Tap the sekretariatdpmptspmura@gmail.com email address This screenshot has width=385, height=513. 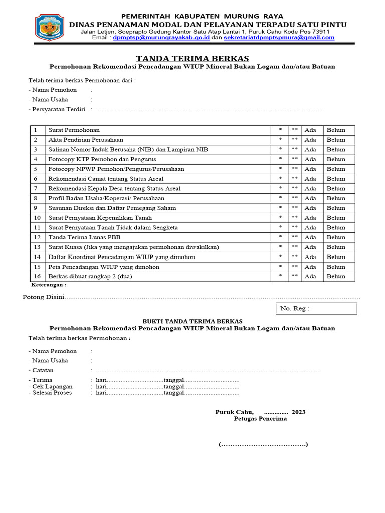pos(279,38)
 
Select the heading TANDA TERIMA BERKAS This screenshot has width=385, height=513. pos(192,58)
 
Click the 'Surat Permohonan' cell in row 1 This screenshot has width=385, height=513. pos(74,130)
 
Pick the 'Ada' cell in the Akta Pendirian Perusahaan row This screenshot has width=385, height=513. pos(310,140)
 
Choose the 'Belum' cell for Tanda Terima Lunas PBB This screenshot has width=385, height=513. pos(336,237)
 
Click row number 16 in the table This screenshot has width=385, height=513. pos(37,276)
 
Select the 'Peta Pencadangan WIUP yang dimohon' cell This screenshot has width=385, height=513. pos(104,267)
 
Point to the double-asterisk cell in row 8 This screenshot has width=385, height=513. pos(294,198)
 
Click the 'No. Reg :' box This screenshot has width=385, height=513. pos(316,309)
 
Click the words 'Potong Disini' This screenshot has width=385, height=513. pos(44,297)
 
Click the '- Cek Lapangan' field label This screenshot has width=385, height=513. pos(51,386)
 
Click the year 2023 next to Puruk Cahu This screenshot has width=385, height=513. pos(298,412)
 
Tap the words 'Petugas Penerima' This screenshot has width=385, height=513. pos(260,419)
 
